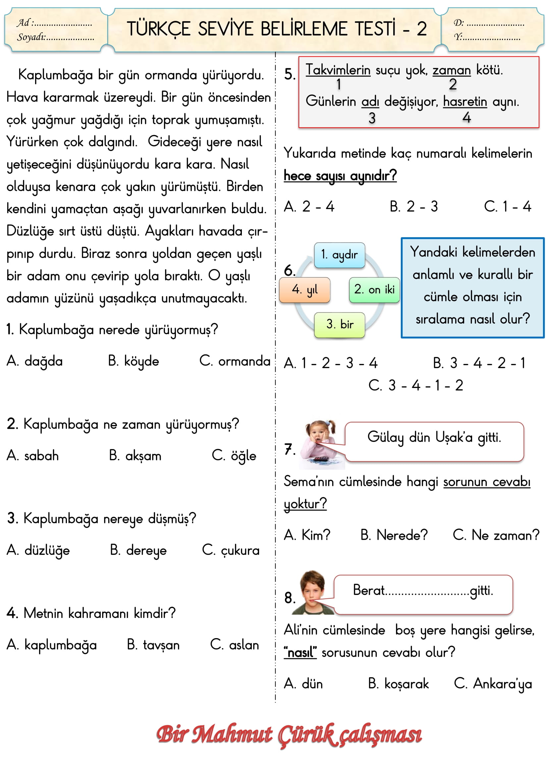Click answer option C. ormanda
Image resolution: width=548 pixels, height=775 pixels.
point(235,361)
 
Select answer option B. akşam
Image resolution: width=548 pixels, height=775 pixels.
point(135,456)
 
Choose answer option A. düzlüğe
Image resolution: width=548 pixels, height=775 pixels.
point(38,550)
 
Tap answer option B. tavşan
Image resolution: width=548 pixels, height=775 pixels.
point(153,645)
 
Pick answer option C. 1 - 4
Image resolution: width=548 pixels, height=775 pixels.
point(508,206)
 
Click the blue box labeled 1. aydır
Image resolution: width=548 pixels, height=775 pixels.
point(340,255)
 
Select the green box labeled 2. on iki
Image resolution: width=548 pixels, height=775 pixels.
point(374,290)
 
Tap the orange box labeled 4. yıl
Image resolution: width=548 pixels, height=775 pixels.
point(305,290)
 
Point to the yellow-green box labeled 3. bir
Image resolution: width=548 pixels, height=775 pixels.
point(340,325)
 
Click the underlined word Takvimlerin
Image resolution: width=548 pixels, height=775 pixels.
point(338,70)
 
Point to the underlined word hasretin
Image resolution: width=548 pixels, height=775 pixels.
point(465,101)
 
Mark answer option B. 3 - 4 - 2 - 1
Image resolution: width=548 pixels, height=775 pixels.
point(479,363)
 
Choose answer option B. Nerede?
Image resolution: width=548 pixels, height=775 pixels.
point(394,535)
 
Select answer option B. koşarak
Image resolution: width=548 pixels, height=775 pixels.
point(399,684)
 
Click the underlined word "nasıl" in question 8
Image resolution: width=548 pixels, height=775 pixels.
point(300,652)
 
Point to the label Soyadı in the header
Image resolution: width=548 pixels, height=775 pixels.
point(31,37)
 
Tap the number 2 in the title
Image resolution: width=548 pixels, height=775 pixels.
point(422,29)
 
